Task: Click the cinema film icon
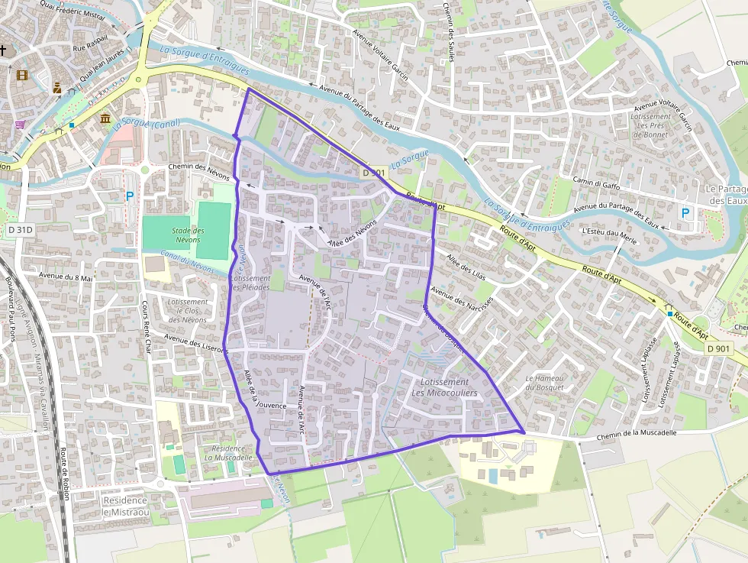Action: point(21,75)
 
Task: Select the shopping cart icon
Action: point(18,125)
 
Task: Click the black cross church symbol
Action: point(3,50)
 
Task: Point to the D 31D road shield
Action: point(21,229)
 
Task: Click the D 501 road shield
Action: point(374,173)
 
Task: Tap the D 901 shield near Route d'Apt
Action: point(718,348)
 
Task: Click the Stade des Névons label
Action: point(187,235)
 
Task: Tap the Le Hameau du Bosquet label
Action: point(545,383)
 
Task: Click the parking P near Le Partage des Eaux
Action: point(685,213)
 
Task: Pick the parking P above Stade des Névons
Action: point(130,196)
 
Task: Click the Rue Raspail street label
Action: point(89,47)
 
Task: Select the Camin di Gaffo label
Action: point(597,183)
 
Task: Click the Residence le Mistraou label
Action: point(125,506)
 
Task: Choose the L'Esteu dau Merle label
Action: point(608,232)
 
